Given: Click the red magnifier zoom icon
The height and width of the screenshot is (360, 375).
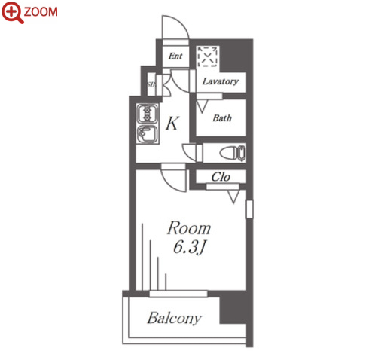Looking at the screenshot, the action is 12,12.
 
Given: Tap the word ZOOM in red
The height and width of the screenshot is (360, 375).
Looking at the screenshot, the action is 41,12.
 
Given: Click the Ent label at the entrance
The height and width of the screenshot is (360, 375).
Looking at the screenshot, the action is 175,56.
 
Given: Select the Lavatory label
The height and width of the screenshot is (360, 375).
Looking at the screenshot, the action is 221,81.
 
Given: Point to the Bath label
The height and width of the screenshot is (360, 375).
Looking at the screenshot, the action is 222,117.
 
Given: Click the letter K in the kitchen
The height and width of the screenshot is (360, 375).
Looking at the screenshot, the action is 172,123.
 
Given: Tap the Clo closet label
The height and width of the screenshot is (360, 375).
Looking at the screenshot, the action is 221,177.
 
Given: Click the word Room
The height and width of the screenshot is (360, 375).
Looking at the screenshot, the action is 189,228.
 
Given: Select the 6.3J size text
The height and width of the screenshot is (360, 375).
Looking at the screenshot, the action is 190,248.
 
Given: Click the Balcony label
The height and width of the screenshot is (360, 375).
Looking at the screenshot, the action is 175,319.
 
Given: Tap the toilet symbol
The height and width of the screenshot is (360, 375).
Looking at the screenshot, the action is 233,153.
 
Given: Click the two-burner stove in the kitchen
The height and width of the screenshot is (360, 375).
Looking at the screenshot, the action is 148,114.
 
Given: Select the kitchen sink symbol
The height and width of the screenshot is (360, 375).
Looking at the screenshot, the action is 148,134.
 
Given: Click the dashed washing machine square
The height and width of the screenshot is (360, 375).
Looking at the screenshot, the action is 208,56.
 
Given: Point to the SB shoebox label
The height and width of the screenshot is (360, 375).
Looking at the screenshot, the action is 151,84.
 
